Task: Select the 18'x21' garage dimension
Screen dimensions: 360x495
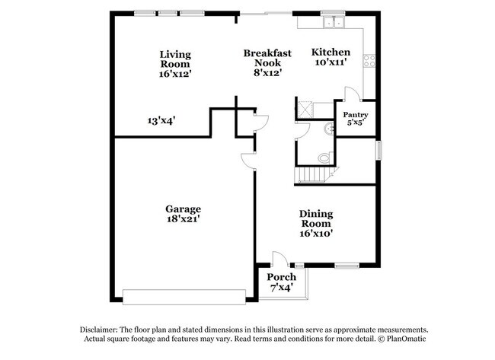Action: point(184,219)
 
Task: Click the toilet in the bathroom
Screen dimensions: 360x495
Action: point(324,158)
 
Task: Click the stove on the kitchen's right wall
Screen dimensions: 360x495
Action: point(369,57)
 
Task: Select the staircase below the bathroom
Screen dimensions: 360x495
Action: point(314,175)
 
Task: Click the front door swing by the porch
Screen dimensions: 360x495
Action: point(279,259)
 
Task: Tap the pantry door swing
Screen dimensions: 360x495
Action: point(353,94)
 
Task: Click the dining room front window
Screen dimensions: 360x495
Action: point(347,266)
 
